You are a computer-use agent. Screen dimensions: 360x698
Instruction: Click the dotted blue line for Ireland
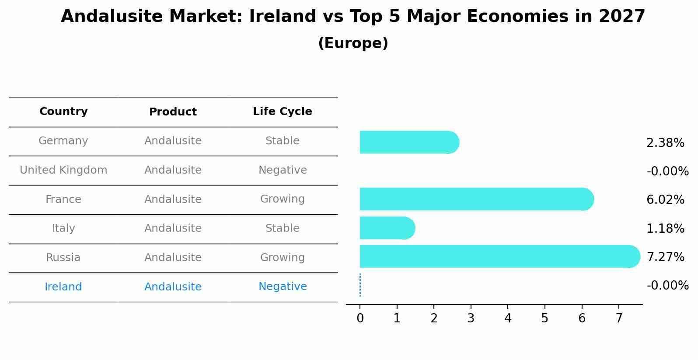pos(360,285)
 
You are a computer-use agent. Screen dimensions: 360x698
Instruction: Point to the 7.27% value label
pos(665,257)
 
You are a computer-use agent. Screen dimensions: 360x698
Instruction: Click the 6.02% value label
pos(665,200)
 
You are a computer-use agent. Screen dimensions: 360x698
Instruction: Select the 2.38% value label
pos(665,143)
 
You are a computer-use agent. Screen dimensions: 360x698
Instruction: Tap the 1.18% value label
pos(665,229)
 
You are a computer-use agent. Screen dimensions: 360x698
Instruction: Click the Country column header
pos(63,112)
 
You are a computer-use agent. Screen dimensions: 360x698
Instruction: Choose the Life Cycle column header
pos(282,112)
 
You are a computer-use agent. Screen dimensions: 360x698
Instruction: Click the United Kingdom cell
pos(63,170)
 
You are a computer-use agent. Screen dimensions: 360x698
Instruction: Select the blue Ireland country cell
pos(63,287)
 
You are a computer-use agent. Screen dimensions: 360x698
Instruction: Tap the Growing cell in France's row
pos(282,199)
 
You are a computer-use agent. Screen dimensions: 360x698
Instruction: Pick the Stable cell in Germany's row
pos(282,141)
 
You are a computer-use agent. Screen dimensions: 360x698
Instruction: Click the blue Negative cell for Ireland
pos(282,287)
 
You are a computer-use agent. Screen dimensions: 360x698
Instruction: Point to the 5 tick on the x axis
pos(544,318)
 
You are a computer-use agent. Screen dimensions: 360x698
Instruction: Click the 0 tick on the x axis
pos(360,318)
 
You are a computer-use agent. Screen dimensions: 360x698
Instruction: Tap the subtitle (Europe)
pos(353,43)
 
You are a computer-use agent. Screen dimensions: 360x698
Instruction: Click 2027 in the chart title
pos(622,17)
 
